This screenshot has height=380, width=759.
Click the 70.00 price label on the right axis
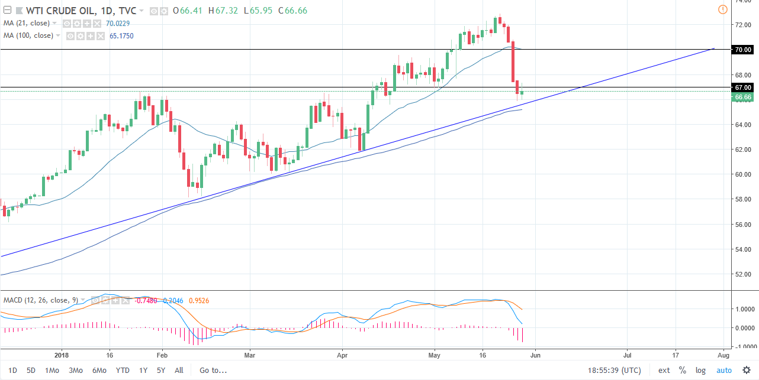pos(743,50)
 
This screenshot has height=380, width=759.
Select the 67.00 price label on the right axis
pos(743,87)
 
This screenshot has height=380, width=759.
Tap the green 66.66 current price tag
pos(743,96)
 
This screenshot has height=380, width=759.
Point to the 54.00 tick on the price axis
pos(743,249)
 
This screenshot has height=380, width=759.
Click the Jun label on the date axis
pos(535,356)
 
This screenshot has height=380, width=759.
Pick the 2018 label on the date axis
pos(62,356)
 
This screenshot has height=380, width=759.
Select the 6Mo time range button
pos(99,371)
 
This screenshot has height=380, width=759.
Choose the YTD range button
pos(123,371)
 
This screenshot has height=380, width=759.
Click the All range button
pos(179,371)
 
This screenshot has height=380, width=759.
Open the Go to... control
pos(213,371)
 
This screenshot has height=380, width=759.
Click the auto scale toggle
pos(724,371)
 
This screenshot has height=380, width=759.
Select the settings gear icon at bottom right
pos(746,371)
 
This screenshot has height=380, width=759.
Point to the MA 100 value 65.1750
pos(121,35)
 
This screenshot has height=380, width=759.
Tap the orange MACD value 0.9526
pos(199,300)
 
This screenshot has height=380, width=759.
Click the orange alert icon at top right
pos(722,9)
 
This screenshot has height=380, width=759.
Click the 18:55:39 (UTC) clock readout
pos(616,371)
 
